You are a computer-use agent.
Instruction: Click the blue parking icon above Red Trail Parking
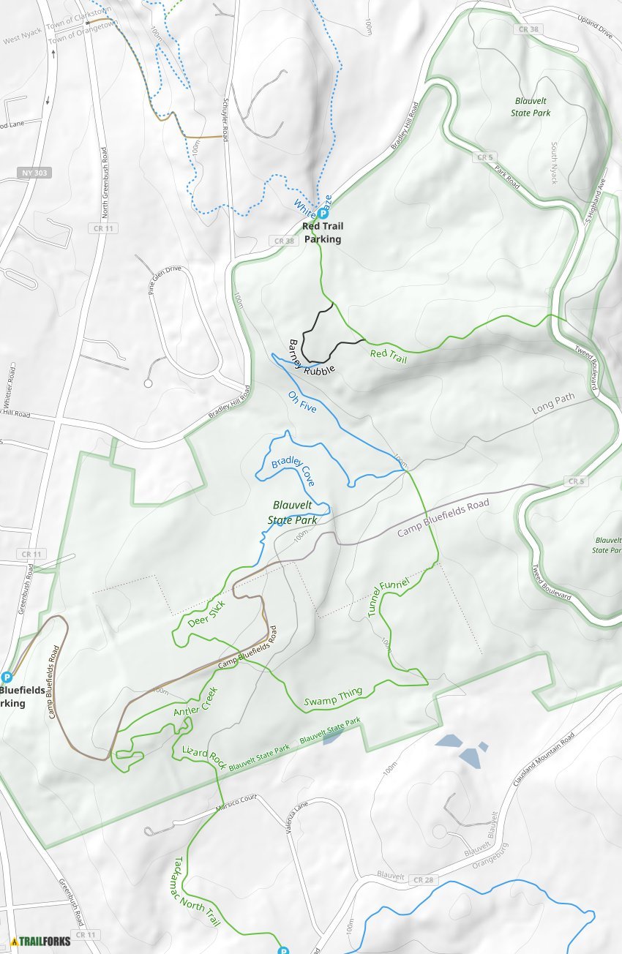pyautogui.click(x=323, y=214)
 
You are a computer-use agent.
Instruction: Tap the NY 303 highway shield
pyautogui.click(x=34, y=173)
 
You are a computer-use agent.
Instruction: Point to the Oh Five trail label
pyautogui.click(x=302, y=402)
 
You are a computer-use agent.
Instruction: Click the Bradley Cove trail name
pyautogui.click(x=293, y=471)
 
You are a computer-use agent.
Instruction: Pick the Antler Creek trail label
pyautogui.click(x=195, y=702)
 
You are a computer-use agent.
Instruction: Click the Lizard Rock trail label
pyautogui.click(x=204, y=755)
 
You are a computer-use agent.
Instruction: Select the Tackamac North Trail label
pyautogui.click(x=197, y=893)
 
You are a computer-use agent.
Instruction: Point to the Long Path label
pyautogui.click(x=553, y=404)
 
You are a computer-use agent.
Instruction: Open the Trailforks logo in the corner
pyautogui.click(x=41, y=941)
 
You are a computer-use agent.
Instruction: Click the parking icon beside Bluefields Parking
pyautogui.click(x=7, y=677)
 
